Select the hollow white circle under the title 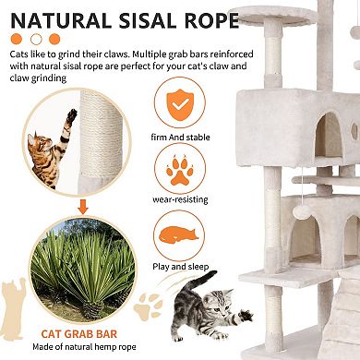pos(36,40)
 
